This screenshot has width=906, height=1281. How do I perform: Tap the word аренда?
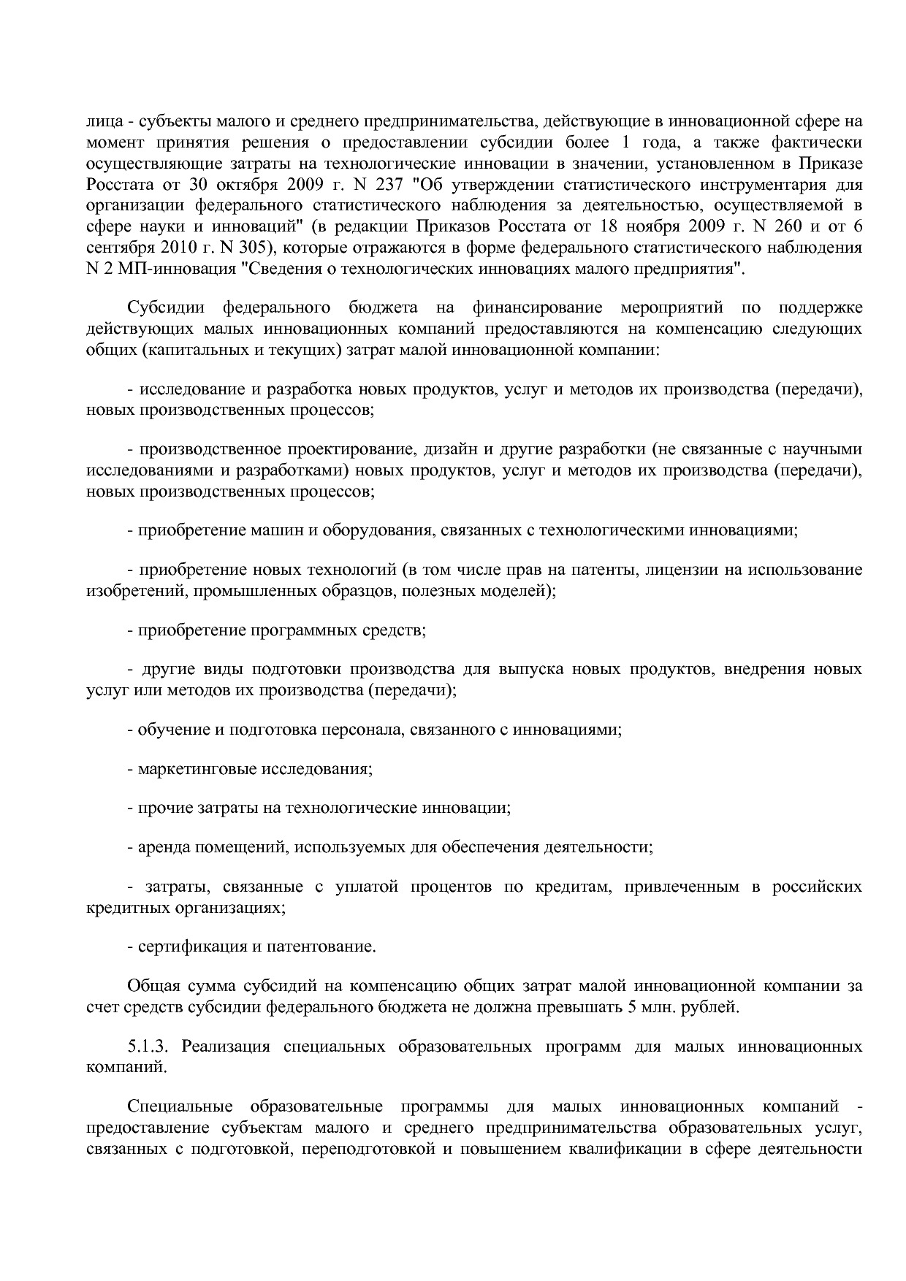click(163, 847)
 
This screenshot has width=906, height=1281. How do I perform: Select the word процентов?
click(451, 887)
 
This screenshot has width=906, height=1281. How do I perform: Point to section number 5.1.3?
click(150, 1047)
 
